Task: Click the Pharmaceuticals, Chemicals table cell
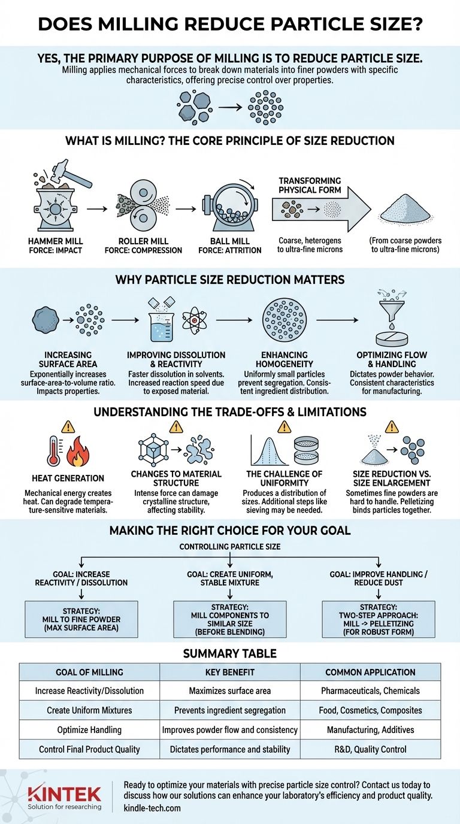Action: [x=370, y=690]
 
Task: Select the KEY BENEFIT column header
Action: [x=229, y=672]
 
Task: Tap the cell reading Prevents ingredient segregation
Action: [x=229, y=710]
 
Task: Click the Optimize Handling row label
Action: [x=89, y=730]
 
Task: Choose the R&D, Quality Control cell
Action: [x=370, y=749]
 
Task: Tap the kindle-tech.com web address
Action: [x=152, y=808]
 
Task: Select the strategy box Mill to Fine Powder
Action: [x=81, y=619]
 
